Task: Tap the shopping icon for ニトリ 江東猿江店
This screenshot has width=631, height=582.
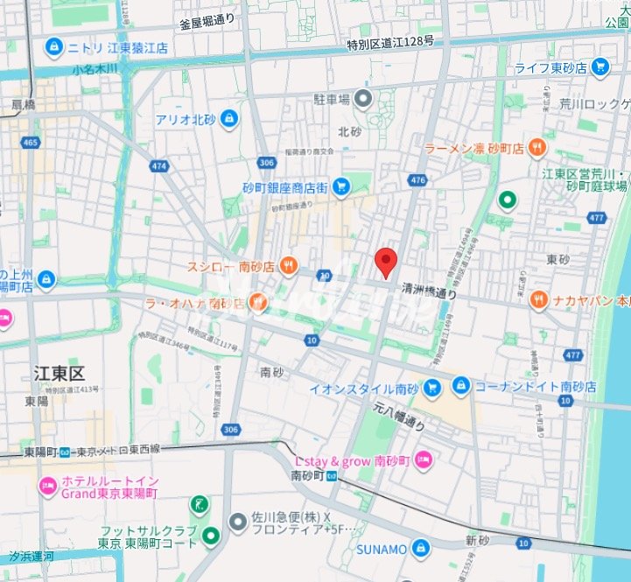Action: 54,46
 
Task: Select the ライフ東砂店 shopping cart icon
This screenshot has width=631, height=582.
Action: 599,66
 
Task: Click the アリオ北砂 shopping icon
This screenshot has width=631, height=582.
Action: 228,117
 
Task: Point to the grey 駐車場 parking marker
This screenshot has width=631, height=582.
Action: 362,98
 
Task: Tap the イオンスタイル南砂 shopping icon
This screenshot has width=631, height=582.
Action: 432,386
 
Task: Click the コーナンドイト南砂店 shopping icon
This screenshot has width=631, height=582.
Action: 460,385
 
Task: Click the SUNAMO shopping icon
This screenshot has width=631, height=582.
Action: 422,549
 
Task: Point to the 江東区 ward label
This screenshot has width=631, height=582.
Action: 59,375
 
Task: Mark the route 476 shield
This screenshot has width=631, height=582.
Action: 417,180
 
